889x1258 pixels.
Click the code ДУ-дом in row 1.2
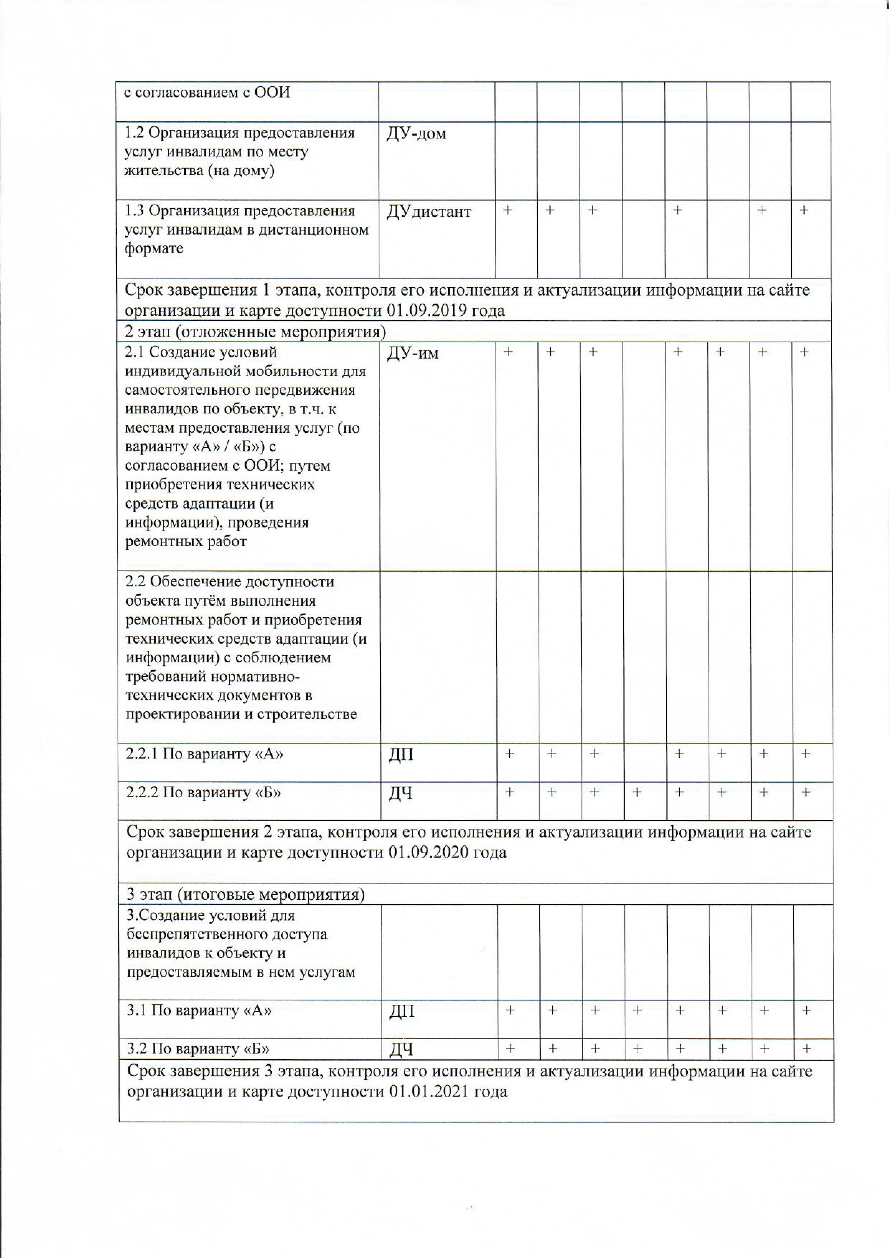[x=416, y=134]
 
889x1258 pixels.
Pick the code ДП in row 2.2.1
[x=401, y=755]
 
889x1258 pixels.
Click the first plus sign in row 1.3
[x=508, y=210]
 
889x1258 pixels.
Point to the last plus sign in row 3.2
[x=806, y=1049]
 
